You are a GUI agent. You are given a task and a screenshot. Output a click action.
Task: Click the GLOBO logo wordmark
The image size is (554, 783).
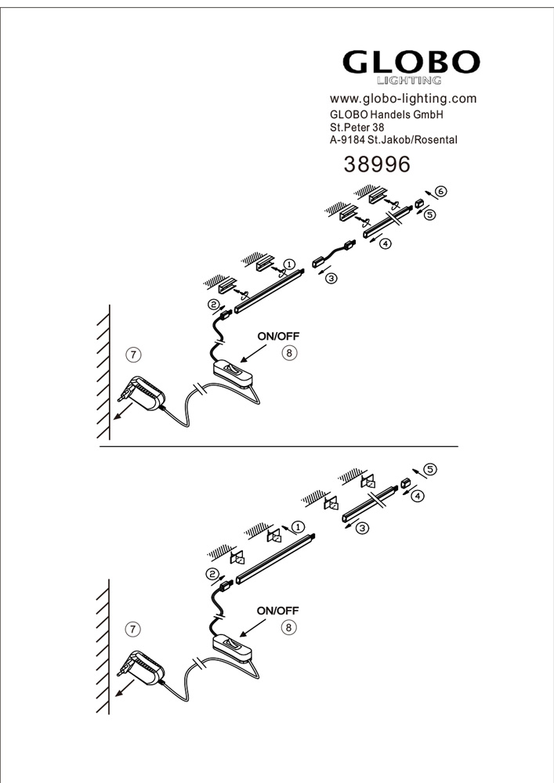tap(411, 63)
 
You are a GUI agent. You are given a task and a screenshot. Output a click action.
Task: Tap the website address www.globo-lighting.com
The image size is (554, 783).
tap(403, 99)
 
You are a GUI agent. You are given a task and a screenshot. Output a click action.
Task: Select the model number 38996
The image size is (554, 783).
tap(377, 164)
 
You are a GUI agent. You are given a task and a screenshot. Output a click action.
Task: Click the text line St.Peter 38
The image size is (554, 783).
tap(357, 128)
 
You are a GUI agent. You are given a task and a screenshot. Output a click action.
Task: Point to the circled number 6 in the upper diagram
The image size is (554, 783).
tap(440, 191)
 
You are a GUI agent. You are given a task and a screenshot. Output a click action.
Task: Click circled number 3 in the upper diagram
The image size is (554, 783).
tap(331, 278)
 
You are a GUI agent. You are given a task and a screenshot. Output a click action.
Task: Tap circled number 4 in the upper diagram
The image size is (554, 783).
tap(386, 244)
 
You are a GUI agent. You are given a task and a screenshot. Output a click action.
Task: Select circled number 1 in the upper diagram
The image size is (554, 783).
tap(289, 264)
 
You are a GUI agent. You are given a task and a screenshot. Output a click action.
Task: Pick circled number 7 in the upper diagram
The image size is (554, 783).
tap(133, 355)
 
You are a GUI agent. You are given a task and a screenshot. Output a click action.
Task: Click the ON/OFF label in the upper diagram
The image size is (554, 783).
tap(278, 336)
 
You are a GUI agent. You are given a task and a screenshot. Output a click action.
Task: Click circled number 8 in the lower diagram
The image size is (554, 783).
tap(288, 627)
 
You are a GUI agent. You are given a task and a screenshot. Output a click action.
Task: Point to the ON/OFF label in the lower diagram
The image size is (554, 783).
tap(277, 611)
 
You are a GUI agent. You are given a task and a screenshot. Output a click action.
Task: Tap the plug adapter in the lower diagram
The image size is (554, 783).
tap(141, 667)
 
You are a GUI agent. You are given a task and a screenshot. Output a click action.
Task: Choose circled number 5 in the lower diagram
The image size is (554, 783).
tap(430, 469)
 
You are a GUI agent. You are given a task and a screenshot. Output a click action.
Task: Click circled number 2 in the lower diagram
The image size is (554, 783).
tap(212, 574)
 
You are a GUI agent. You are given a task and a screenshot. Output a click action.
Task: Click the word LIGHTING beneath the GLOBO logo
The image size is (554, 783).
tap(408, 81)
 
